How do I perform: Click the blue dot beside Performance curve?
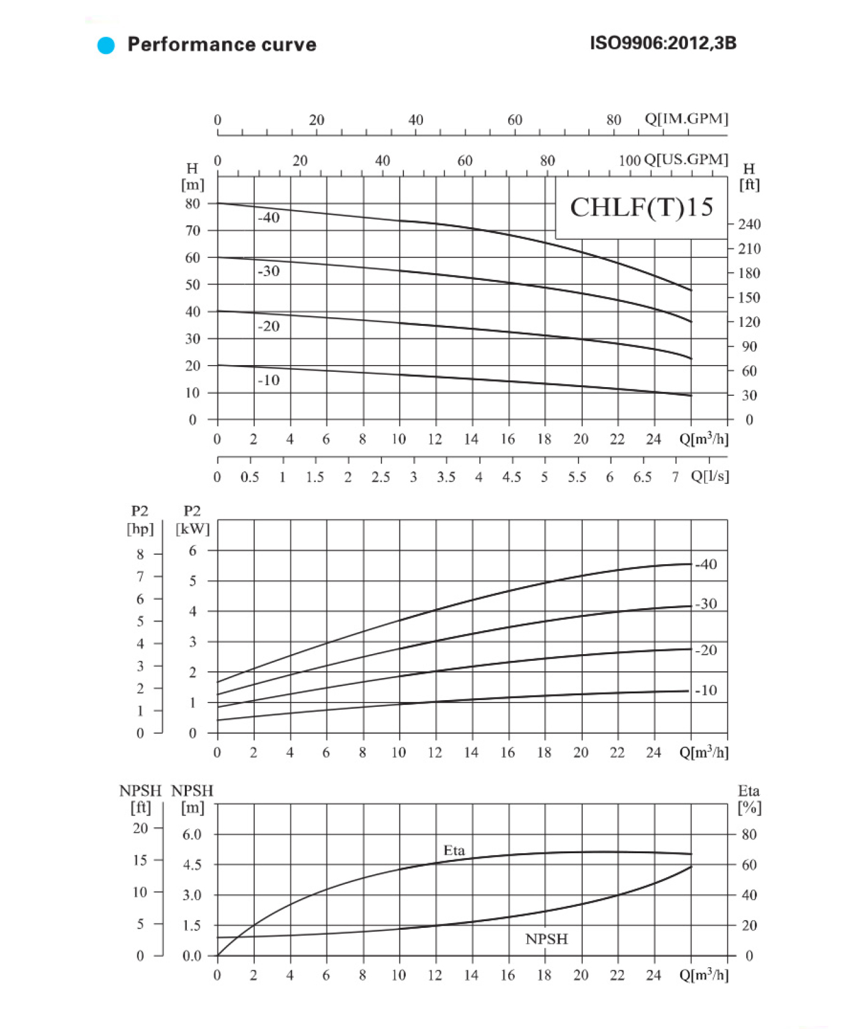106,45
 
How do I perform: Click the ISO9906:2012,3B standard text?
663,43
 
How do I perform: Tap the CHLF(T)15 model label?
641,208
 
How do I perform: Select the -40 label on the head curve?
268,217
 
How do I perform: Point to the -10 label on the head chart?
268,380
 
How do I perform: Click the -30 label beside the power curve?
706,604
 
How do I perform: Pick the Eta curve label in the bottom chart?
454,850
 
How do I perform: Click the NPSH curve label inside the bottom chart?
546,939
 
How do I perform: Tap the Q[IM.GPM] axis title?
686,119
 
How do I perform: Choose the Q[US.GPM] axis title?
686,160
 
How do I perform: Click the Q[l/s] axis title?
709,477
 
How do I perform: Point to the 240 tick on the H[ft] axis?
749,224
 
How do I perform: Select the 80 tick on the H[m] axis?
192,204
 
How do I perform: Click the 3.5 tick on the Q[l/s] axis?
446,477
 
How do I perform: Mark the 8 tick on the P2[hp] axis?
140,554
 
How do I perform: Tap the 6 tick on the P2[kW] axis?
192,551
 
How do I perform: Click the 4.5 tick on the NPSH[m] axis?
192,865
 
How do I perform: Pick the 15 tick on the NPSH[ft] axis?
140,860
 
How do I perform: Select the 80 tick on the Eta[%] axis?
749,834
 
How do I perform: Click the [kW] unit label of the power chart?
192,529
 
